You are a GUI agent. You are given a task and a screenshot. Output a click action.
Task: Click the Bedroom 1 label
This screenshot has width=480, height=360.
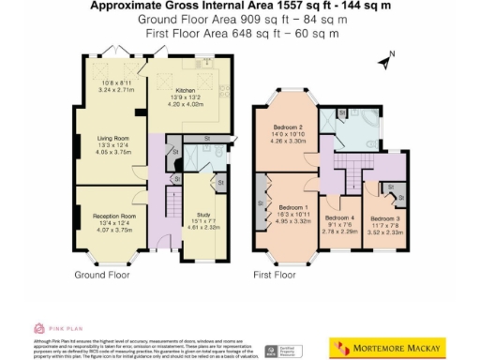(293, 207)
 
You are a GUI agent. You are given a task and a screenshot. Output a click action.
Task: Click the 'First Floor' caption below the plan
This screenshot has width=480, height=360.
(274, 276)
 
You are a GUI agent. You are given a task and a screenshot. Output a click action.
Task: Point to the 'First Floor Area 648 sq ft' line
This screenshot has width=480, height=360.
(241, 33)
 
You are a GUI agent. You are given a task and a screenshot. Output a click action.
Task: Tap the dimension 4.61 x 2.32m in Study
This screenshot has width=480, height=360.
(202, 228)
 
